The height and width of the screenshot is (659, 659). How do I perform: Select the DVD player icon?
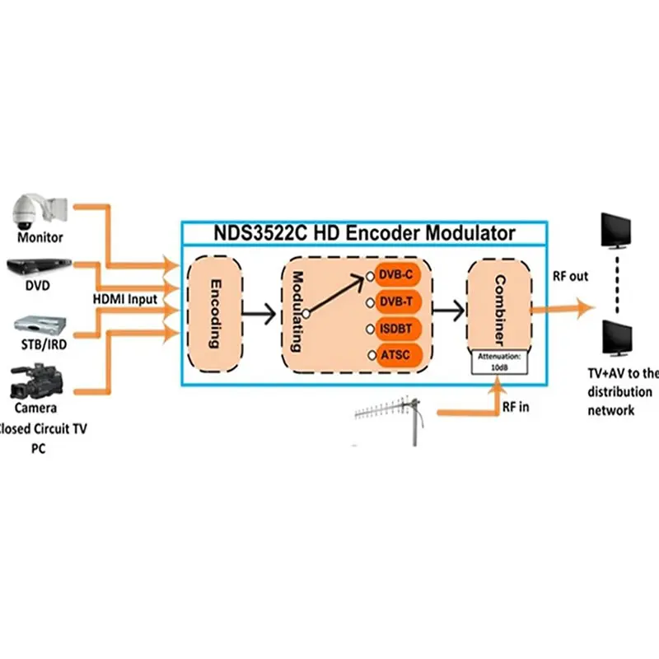pyautogui.click(x=38, y=267)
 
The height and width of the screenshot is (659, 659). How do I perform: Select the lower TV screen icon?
pyautogui.click(x=617, y=339)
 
